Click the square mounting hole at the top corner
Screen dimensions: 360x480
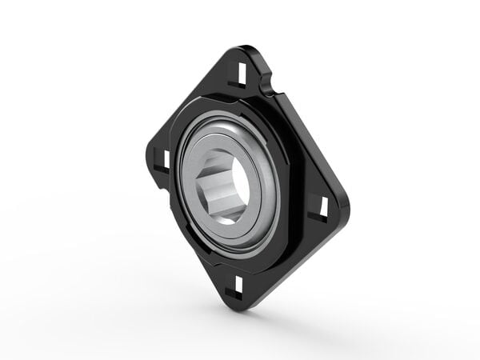click(x=242, y=73)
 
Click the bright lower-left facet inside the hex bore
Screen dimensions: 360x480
click(x=221, y=204)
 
